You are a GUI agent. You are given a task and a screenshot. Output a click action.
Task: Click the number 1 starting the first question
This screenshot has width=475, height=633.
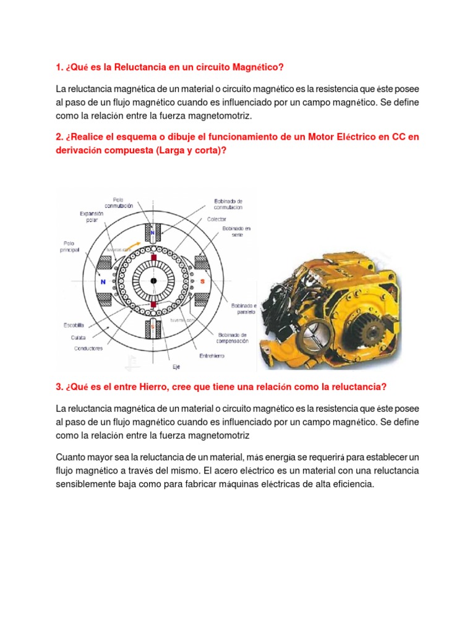pyautogui.click(x=59, y=66)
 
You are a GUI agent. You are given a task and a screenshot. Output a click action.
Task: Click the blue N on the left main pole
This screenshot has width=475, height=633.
pyautogui.click(x=102, y=280)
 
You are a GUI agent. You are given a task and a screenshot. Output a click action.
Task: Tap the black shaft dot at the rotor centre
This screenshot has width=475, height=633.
pyautogui.click(x=153, y=281)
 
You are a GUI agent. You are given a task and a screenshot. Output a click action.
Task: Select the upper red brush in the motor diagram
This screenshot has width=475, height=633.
pyautogui.click(x=153, y=256)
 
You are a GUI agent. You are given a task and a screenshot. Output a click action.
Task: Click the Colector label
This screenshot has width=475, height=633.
pyautogui.click(x=217, y=219)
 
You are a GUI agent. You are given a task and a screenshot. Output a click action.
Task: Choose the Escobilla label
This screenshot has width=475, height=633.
pyautogui.click(x=74, y=325)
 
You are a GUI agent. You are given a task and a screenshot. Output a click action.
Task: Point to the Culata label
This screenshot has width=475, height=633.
pyautogui.click(x=78, y=336)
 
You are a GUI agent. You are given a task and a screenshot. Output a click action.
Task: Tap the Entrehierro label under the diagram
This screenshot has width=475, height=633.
pyautogui.click(x=212, y=355)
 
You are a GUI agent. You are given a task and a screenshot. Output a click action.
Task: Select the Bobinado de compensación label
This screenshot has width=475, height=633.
pyautogui.click(x=233, y=338)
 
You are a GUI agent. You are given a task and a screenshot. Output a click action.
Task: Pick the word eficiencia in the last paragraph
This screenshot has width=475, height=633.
pyautogui.click(x=354, y=485)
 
